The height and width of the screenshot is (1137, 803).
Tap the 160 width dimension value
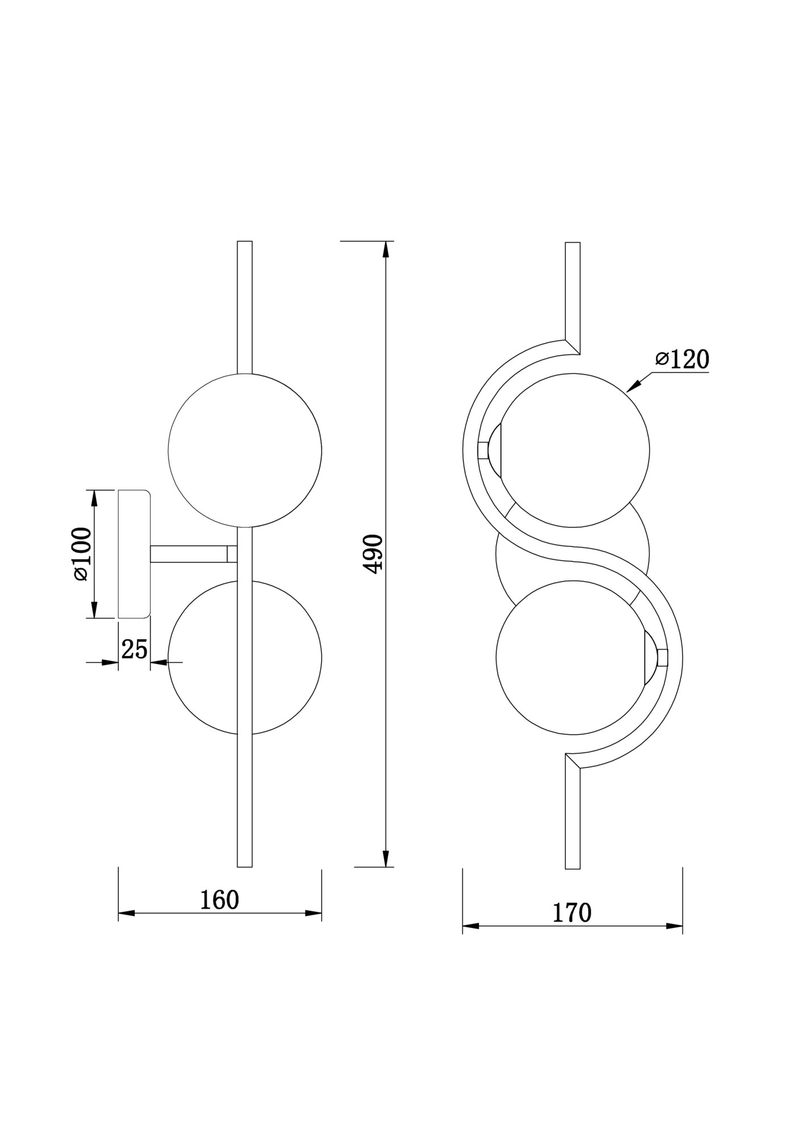(219, 899)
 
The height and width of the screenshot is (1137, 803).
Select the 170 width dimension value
(572, 912)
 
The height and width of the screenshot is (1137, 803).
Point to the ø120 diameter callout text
(682, 359)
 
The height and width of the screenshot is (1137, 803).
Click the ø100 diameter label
(82, 554)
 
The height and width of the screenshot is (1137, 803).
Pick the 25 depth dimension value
(135, 649)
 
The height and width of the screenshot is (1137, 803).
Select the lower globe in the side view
(205, 658)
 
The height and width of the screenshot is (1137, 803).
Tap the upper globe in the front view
(574, 450)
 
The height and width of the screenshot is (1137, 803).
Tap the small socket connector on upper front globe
(483, 450)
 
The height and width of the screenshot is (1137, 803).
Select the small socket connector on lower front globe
(661, 658)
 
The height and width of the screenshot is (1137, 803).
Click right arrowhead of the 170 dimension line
(675, 926)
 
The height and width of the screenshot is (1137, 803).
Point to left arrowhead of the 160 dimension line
(126, 913)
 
